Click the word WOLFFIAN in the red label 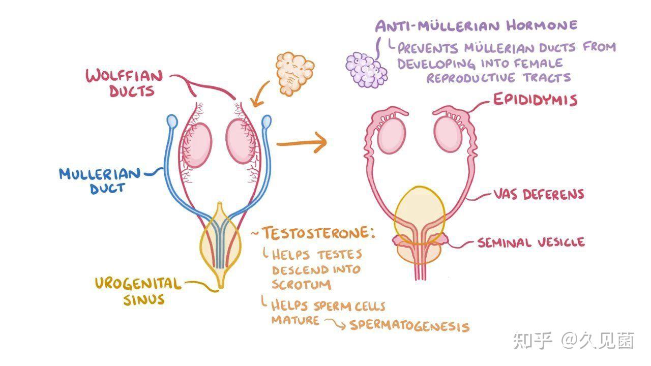tap(124, 76)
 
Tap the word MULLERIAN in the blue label tap(100, 174)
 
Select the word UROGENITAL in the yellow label tap(138, 284)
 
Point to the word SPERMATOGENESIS tap(409, 326)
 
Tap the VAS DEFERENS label tap(539, 194)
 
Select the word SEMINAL tap(504, 242)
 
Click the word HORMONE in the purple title tap(542, 25)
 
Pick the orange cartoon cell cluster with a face tap(294, 73)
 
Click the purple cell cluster tap(366, 70)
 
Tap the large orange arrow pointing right tap(302, 143)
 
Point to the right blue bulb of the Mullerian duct tap(267, 121)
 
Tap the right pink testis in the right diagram tap(448, 134)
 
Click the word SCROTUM tap(302, 284)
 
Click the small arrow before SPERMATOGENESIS tap(335, 324)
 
